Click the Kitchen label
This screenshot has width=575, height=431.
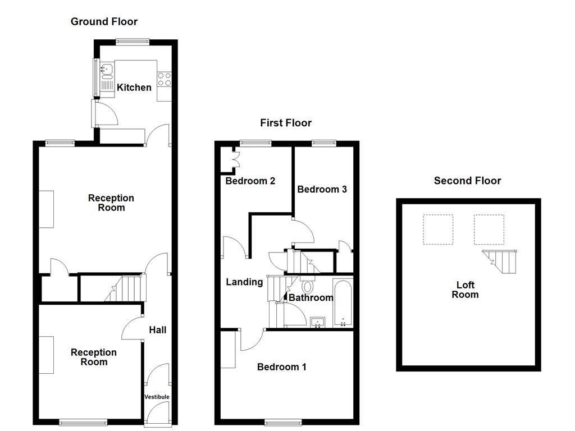click(x=134, y=88)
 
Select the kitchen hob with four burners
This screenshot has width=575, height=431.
click(x=164, y=79)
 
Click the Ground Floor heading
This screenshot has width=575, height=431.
click(x=104, y=22)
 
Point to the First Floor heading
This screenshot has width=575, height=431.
click(x=285, y=123)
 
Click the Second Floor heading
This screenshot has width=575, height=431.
click(x=467, y=181)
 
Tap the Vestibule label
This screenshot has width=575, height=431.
click(x=157, y=397)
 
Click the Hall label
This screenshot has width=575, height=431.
click(x=157, y=330)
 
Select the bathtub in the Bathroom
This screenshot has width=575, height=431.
click(x=343, y=303)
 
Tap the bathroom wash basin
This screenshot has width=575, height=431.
click(x=318, y=322)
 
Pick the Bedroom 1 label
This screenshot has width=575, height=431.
click(x=281, y=367)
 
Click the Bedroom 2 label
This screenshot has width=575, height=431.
click(x=250, y=181)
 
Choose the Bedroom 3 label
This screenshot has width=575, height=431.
click(x=322, y=190)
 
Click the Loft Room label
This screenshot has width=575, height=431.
click(x=465, y=290)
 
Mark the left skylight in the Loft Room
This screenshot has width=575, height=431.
click(x=437, y=230)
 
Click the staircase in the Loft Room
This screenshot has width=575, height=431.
click(x=501, y=262)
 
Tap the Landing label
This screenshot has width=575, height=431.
click(x=244, y=282)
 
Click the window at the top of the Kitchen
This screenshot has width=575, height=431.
click(x=133, y=41)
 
